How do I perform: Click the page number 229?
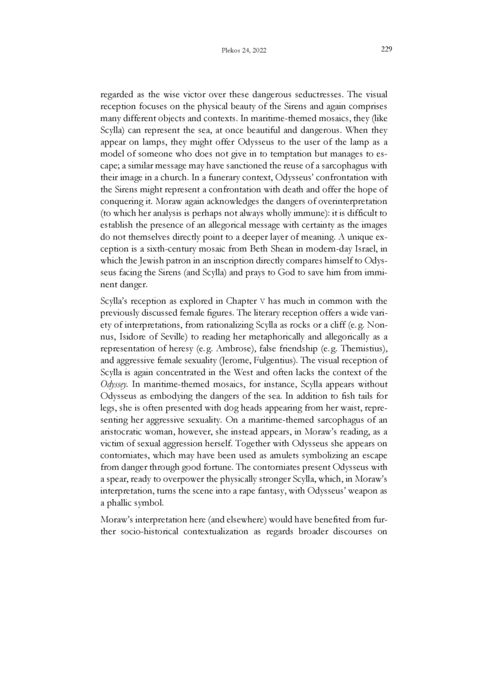(x=385, y=49)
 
